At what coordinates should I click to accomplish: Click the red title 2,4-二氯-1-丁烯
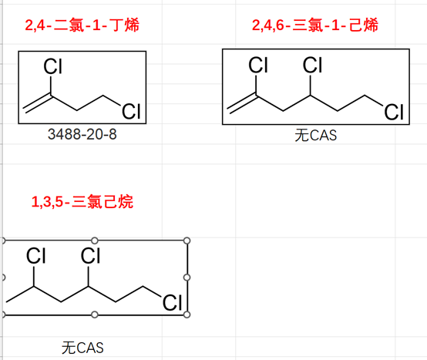(x=82, y=25)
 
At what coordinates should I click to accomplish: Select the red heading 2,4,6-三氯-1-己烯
(x=315, y=25)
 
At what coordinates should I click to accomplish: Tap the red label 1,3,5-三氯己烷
(x=82, y=202)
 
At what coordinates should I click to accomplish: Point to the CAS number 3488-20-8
(x=82, y=134)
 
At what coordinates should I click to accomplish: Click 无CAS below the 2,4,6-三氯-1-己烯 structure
(x=315, y=136)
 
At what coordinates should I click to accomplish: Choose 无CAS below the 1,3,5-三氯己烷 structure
(x=82, y=348)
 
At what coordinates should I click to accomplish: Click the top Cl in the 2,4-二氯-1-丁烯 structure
(x=53, y=66)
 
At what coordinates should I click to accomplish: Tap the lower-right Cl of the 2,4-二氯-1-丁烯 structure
(x=131, y=111)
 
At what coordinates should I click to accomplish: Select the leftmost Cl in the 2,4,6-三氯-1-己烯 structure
(x=258, y=65)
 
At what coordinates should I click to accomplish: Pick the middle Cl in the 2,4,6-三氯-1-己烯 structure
(x=312, y=65)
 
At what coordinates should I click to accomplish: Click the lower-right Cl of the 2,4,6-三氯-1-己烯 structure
(x=394, y=112)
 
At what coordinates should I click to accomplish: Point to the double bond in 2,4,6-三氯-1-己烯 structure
(x=242, y=104)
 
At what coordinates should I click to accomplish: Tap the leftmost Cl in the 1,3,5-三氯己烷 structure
(x=35, y=255)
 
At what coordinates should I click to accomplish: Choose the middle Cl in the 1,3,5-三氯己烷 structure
(x=90, y=255)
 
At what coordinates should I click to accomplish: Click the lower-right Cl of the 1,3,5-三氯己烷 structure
(x=172, y=302)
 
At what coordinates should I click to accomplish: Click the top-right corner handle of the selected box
(x=187, y=241)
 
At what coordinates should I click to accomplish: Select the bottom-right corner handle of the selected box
(x=187, y=315)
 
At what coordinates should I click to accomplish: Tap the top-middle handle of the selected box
(x=95, y=241)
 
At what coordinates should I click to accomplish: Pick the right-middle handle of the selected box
(x=187, y=278)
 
